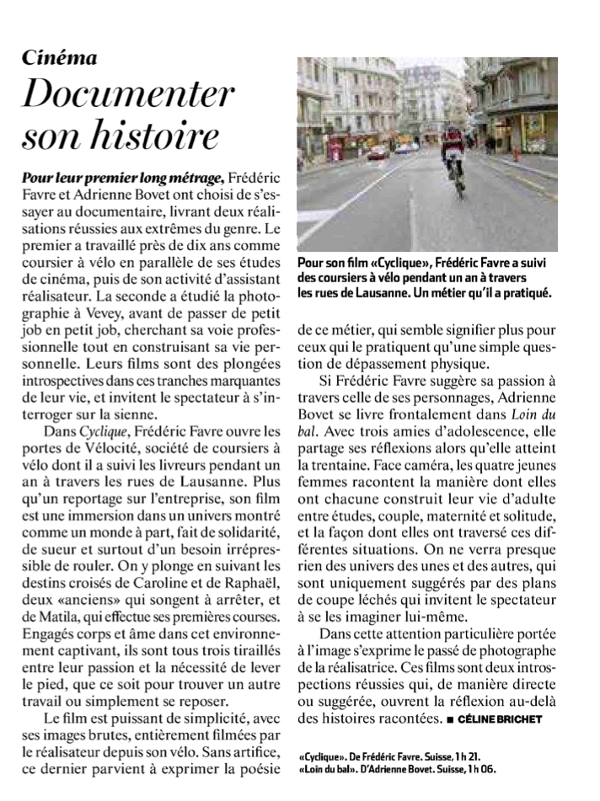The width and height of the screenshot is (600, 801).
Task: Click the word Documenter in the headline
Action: [x=129, y=95]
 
